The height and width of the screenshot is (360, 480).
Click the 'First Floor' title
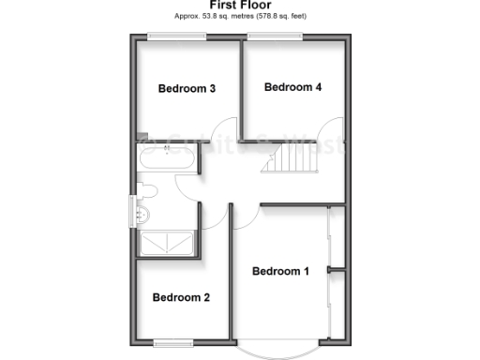pos(239,6)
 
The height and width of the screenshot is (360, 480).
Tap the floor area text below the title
pos(239,17)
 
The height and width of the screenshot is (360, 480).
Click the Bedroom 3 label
pos(187,89)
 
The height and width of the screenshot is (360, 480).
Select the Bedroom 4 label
pos(292,87)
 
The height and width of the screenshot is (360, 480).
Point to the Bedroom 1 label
pos(280,272)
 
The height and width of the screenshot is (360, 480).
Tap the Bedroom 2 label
pos(181,298)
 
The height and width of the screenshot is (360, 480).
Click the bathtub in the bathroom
pos(168,160)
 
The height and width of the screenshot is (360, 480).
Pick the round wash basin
pos(142,215)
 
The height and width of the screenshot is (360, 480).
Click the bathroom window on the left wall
pos(132,208)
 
